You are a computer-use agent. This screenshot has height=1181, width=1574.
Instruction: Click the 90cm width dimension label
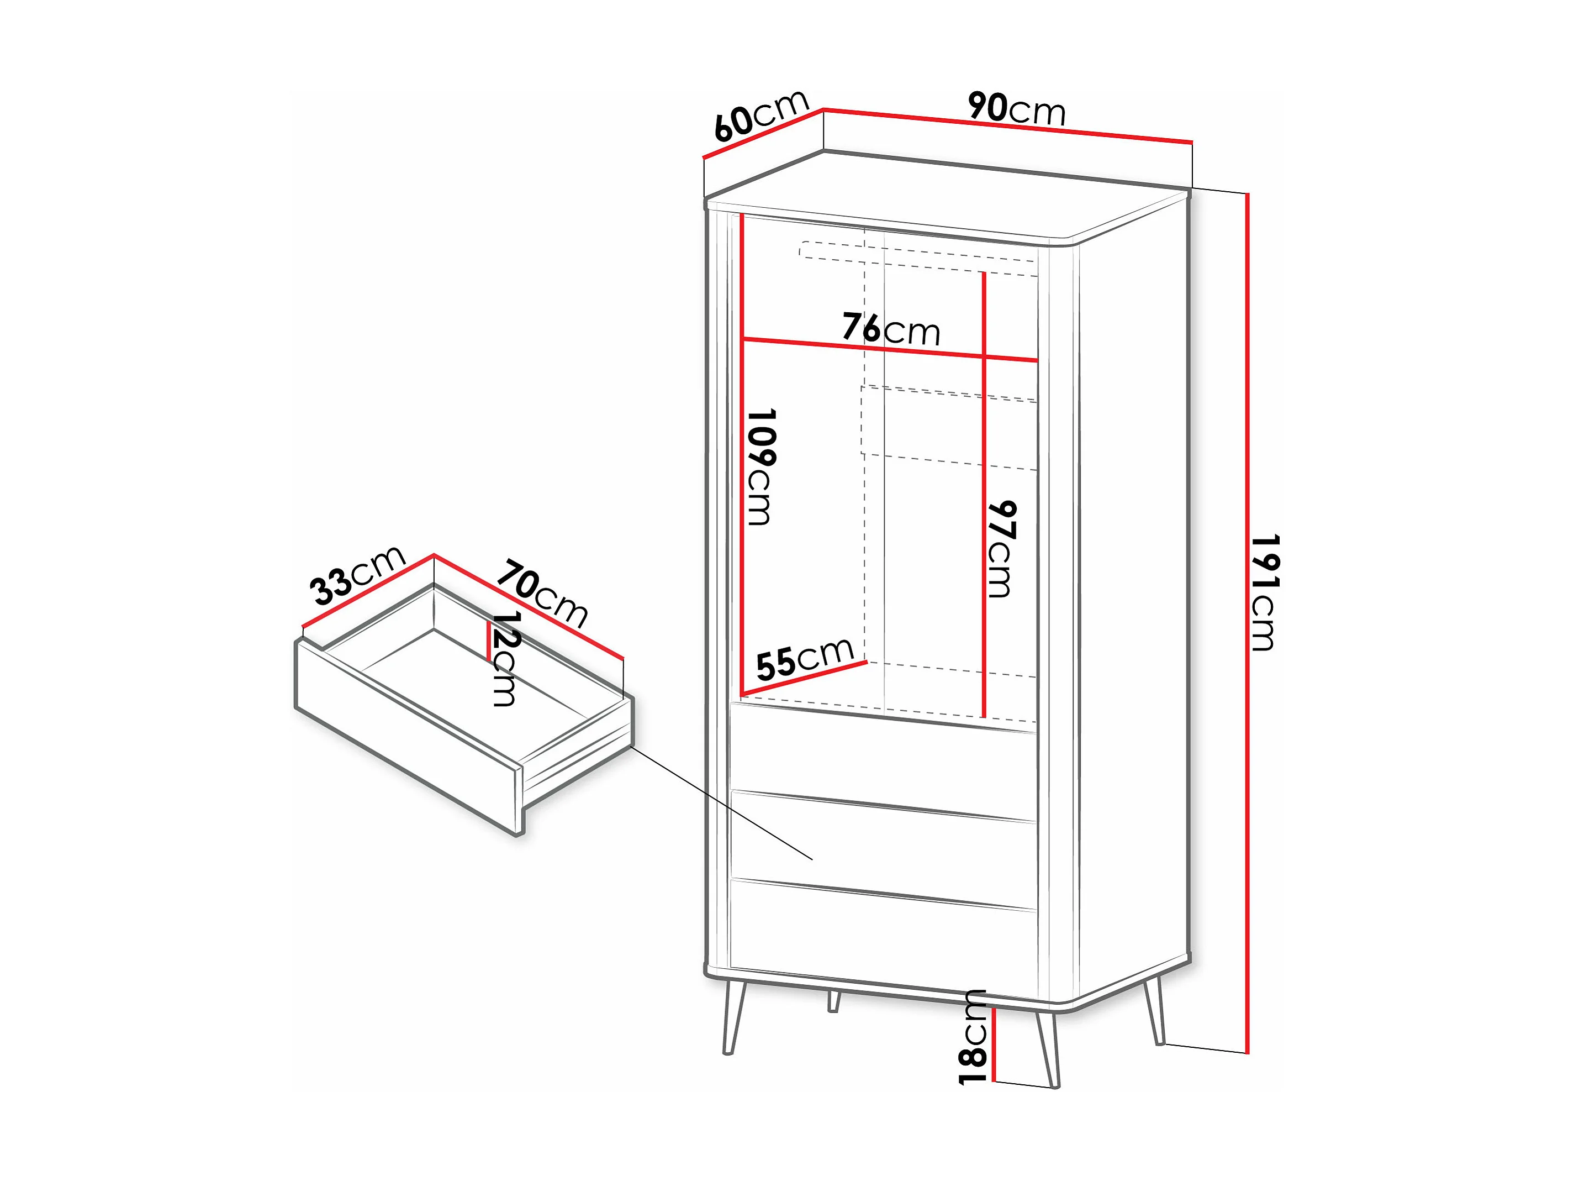coord(1017,111)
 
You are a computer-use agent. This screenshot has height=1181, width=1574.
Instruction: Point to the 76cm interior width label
coord(891,329)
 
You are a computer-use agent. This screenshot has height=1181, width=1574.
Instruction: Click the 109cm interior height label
coord(760,467)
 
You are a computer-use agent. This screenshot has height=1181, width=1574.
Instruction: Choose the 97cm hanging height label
coord(1001,549)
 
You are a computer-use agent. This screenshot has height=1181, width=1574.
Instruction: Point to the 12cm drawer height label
coord(505,659)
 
